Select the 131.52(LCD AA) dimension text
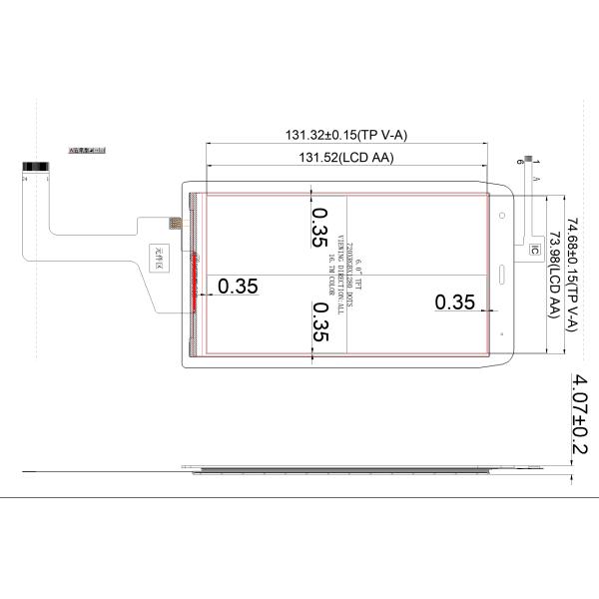click(346, 158)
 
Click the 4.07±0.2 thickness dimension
click(577, 415)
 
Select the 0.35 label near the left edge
click(238, 287)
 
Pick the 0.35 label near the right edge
click(454, 302)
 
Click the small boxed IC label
click(535, 249)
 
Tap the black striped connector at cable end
click(35, 167)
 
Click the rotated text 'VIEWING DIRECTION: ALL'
click(340, 272)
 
